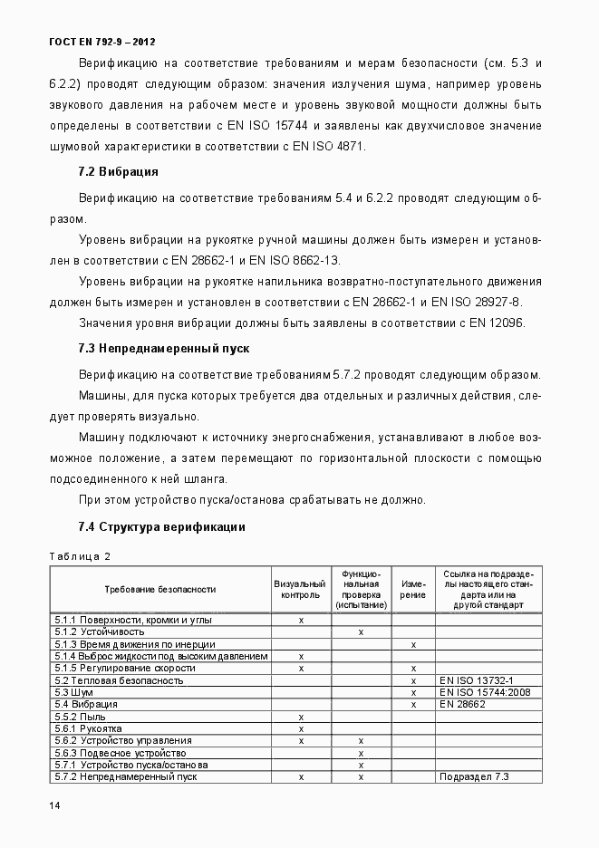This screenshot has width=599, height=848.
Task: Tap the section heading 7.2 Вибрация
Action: click(118, 171)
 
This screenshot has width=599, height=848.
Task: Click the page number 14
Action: click(55, 805)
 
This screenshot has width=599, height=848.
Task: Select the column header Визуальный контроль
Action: click(300, 590)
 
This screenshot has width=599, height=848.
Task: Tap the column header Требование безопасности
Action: click(160, 589)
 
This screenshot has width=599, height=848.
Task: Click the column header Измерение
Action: click(413, 590)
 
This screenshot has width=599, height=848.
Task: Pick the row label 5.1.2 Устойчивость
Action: click(100, 631)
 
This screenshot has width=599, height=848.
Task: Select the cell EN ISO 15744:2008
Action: click(485, 692)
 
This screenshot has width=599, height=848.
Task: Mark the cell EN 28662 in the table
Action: click(463, 704)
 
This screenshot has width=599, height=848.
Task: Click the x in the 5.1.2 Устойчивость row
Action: click(361, 631)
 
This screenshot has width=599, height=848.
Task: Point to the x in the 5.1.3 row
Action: click(413, 644)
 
